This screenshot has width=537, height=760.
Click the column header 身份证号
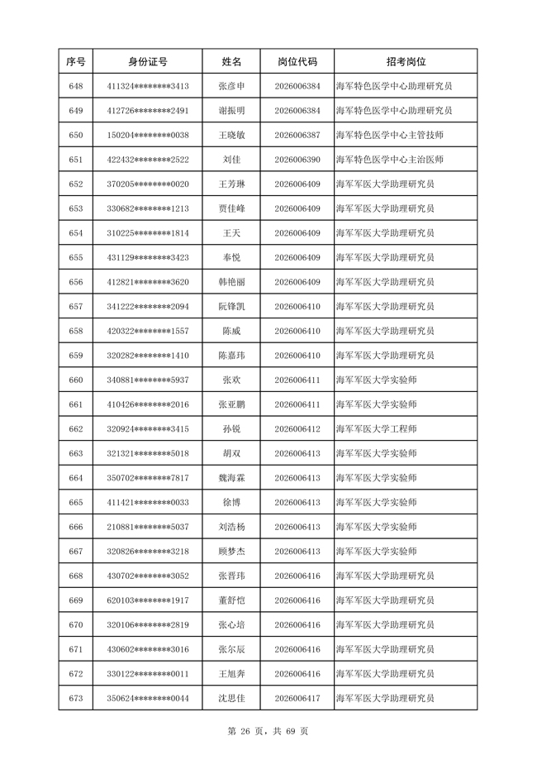point(148,61)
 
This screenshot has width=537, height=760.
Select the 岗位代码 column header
point(297,61)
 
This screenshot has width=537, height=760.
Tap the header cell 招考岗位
point(406,61)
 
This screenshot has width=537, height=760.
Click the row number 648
point(76,86)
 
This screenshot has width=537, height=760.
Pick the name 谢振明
point(231,111)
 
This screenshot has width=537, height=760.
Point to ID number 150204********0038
point(148,135)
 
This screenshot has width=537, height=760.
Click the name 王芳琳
point(231,184)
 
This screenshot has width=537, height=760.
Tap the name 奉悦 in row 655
point(231,258)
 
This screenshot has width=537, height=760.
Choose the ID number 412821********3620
point(148,282)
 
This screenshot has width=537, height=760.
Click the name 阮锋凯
point(231,307)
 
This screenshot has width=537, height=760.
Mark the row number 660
point(76,380)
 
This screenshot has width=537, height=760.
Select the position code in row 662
point(297,429)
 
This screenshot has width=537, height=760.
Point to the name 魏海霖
point(231,478)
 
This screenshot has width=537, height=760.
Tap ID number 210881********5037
point(148,527)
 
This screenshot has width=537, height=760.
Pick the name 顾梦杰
point(231,552)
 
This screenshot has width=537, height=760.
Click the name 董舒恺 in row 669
point(231,600)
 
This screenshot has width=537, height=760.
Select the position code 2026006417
point(297,699)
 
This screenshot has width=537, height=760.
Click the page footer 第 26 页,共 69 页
point(268,731)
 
